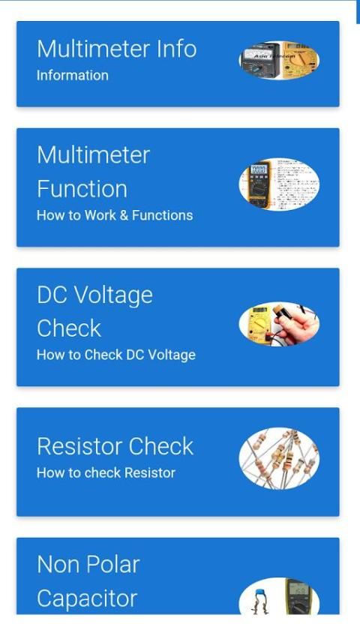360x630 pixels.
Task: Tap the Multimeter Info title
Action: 116,49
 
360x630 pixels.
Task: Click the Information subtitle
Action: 72,75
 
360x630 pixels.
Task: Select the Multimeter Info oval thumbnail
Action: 279,60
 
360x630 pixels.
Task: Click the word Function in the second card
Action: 82,189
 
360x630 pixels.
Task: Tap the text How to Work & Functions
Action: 115,215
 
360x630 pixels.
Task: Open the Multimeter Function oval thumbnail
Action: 279,184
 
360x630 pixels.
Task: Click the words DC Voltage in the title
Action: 94,296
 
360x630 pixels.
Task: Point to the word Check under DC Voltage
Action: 69,328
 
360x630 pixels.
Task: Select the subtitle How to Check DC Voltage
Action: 116,355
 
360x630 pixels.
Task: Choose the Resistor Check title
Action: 115,446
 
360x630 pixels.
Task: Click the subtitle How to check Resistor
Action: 106,472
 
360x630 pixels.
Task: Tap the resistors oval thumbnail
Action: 279,458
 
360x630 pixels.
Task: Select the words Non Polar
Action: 88,565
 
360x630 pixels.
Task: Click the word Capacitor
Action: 87,598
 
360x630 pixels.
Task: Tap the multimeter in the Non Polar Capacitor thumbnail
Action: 297,597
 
